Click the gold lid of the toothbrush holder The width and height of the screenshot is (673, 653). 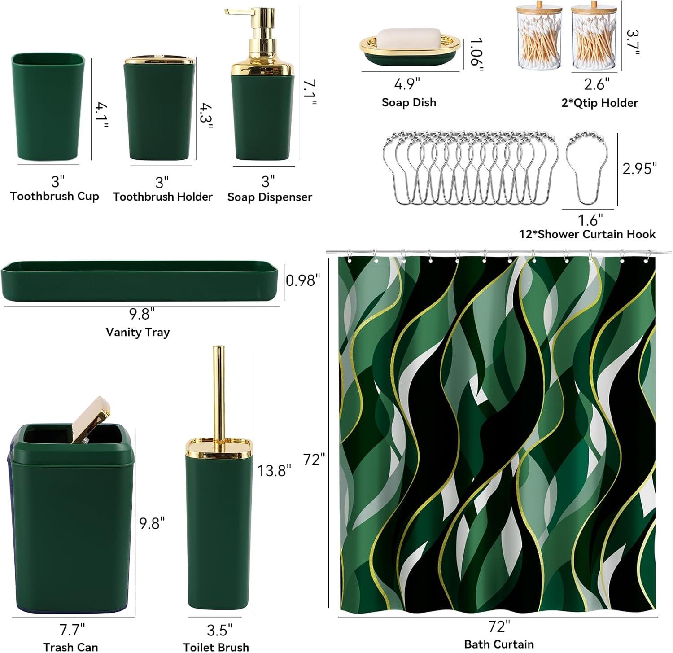click(159, 61)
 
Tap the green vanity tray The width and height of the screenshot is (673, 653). click(140, 281)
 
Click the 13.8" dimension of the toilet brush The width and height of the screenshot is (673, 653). click(274, 470)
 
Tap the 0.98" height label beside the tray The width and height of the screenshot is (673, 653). click(303, 280)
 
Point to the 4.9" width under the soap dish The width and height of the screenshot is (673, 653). click(407, 84)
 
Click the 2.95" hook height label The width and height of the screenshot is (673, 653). click(640, 168)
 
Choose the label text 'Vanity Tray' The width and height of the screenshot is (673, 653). click(138, 332)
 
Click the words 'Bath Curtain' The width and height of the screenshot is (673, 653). click(499, 644)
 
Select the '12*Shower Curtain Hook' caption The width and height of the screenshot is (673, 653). click(587, 234)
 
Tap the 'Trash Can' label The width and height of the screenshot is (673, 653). click(70, 647)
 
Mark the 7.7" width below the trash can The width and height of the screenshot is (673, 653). click(72, 630)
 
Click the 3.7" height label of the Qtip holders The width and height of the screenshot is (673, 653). click(632, 43)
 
